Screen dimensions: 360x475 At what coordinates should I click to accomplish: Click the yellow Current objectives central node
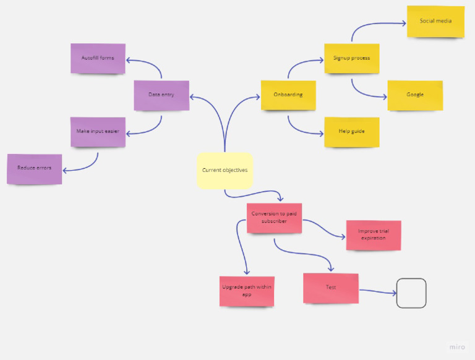click(x=225, y=170)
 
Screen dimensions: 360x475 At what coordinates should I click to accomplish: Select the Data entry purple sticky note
click(x=161, y=95)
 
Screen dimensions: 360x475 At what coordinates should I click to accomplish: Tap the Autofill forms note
click(x=98, y=58)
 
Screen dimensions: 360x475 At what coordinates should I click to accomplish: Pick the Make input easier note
click(x=98, y=132)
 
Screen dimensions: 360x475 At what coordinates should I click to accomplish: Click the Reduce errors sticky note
click(x=35, y=168)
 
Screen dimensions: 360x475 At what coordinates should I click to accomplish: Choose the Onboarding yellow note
click(x=288, y=95)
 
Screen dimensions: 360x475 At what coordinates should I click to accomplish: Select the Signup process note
click(x=351, y=58)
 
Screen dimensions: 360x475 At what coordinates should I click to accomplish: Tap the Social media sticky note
click(x=435, y=21)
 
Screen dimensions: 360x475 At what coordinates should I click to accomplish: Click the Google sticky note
click(x=415, y=95)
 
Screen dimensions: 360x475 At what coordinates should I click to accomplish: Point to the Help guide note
click(x=351, y=132)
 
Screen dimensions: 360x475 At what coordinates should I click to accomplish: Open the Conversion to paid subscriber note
click(x=274, y=218)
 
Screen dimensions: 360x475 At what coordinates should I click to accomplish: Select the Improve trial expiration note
click(x=373, y=235)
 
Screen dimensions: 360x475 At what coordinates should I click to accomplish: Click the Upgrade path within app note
click(x=246, y=291)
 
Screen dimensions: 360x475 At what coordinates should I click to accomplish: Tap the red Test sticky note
click(x=331, y=288)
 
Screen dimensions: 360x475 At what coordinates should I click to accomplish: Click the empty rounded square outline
click(x=411, y=293)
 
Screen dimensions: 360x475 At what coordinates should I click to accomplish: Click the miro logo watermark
click(x=457, y=347)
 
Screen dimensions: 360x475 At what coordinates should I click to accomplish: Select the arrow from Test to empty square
click(x=377, y=291)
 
